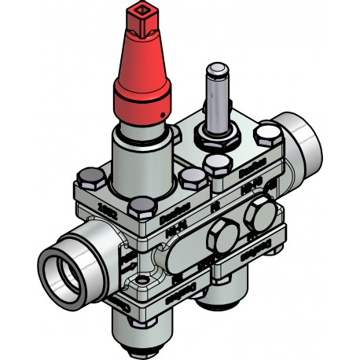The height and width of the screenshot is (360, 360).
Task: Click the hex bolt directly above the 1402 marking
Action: click(141, 206)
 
